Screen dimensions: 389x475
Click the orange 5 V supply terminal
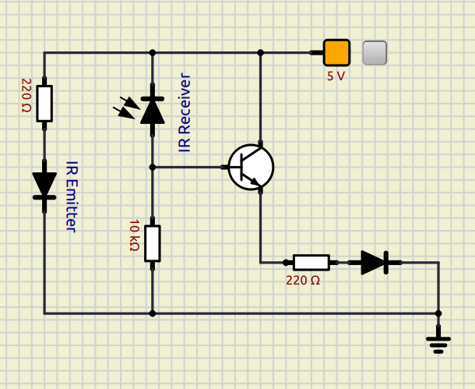[336, 53]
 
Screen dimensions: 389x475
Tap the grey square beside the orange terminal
[375, 53]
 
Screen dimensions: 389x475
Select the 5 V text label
[336, 76]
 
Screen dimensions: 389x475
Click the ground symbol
[438, 341]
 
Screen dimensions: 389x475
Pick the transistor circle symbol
[251, 167]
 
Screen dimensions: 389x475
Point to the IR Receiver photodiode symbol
[153, 110]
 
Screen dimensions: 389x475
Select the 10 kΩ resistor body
[153, 242]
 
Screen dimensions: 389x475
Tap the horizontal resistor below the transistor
[311, 263]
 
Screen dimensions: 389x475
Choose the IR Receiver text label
[185, 113]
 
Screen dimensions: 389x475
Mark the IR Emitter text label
[71, 196]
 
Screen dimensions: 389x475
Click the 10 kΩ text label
[134, 235]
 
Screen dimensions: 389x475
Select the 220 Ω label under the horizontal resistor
[303, 281]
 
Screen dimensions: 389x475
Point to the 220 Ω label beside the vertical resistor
[26, 95]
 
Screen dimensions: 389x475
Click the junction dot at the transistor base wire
[153, 167]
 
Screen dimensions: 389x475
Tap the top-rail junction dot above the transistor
[260, 53]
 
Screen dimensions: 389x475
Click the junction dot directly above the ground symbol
[438, 313]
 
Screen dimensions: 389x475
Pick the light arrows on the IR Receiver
[127, 106]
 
